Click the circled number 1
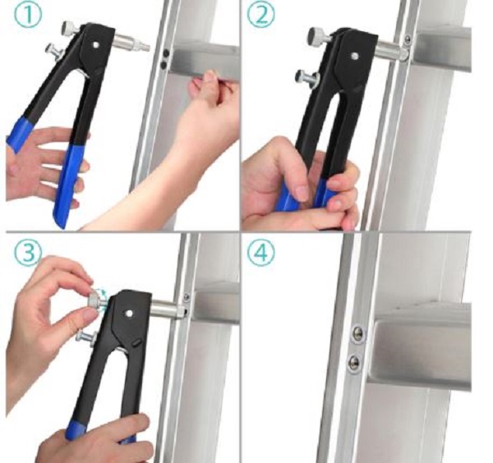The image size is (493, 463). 28,15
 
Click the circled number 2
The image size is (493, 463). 260,15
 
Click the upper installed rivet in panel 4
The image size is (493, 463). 357,332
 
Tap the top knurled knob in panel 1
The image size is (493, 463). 70,28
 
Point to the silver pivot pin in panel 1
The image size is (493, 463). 96,44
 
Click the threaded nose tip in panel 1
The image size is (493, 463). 143,47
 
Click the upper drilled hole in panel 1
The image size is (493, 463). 166,53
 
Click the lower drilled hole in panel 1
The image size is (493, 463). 164,65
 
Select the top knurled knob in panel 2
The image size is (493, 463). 317,34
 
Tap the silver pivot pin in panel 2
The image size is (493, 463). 355,56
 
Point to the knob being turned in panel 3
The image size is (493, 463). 96,297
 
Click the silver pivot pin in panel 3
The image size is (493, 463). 129,313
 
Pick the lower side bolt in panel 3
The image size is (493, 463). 85,337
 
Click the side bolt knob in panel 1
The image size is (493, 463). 54,49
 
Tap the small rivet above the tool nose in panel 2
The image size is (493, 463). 408,39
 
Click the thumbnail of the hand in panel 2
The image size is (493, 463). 302,193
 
